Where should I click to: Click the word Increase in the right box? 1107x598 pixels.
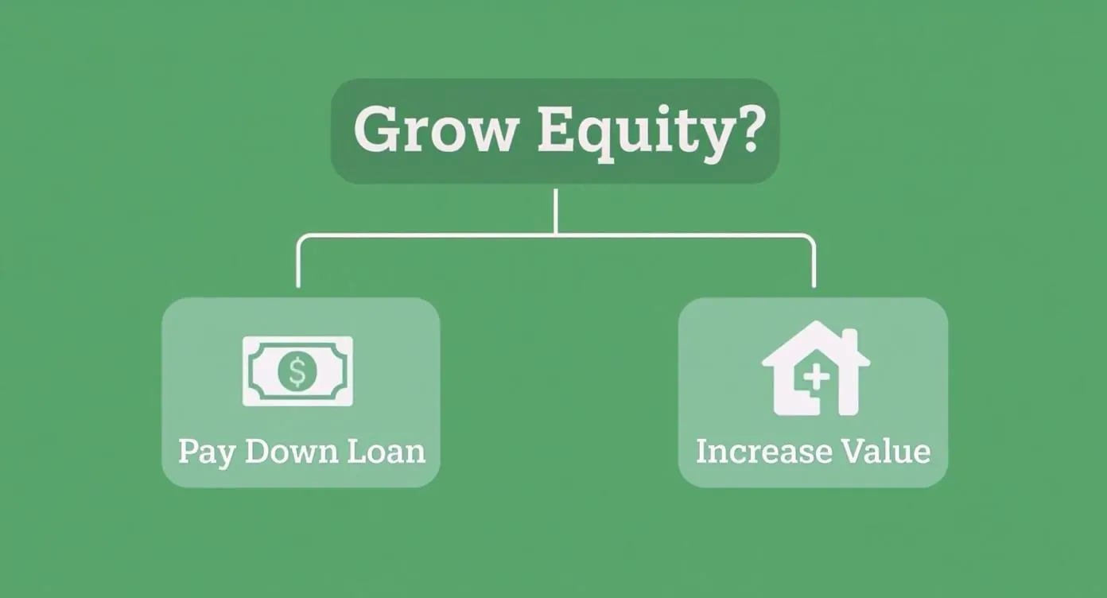click(756, 451)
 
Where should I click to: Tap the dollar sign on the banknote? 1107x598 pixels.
click(297, 371)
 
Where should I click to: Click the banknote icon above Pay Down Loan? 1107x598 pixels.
click(297, 371)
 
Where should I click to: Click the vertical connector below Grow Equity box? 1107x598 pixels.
click(555, 212)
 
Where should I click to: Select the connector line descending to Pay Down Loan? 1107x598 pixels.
click(298, 262)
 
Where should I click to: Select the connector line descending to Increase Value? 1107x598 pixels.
click(814, 262)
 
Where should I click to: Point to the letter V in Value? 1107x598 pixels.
click(845, 451)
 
